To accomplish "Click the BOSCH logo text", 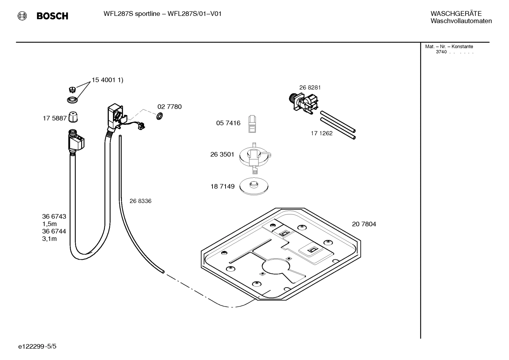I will tap(52, 16).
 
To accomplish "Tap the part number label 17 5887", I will tap(55, 118).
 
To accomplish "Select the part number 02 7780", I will tap(169, 107).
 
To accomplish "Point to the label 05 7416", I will tap(228, 123).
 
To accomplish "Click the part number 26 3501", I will tap(222, 154).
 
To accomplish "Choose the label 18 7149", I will tap(222, 187).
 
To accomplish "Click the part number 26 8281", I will tap(310, 88).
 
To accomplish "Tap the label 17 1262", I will tap(322, 133).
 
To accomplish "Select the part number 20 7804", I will tap(364, 224).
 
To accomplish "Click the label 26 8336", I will tap(140, 201).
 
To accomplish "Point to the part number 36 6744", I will tap(54, 231).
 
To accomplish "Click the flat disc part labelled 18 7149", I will tap(253, 186).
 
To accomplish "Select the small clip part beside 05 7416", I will tap(253, 124).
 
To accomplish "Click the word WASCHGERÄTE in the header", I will tap(456, 13).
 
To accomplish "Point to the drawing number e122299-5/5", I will tap(37, 347).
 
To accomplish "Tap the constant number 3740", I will tap(441, 52).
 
